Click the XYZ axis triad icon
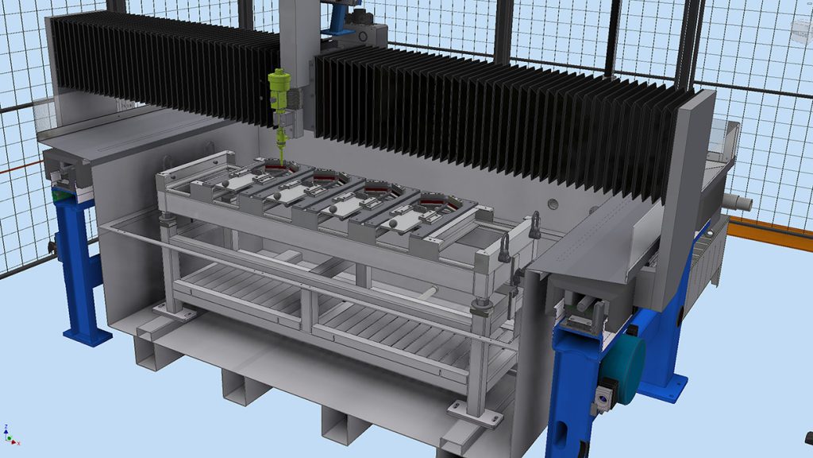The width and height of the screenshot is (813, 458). coord(10,435)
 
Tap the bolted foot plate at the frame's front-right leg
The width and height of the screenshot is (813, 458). coord(475,414)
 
